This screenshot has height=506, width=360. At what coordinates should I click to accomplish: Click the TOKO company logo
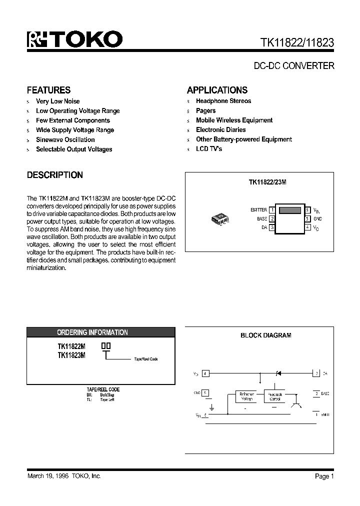pos(75,40)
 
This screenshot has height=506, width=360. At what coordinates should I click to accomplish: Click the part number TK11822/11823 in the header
pos(297,43)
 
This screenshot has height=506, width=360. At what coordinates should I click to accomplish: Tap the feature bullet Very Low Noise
pos(57,101)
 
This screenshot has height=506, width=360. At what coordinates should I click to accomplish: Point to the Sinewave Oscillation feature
pos(65,139)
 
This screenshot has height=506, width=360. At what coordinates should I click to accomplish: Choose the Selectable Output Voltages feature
pos(73,149)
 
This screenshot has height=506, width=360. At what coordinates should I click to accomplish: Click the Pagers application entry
pos(205,110)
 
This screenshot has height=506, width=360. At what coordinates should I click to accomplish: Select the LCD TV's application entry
pos(208,149)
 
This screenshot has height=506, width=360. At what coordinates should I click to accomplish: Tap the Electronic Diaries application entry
pos(220,129)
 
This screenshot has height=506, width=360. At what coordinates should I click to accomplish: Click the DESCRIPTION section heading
pos(54,175)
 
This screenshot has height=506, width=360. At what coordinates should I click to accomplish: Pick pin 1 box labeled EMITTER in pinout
pos(272,210)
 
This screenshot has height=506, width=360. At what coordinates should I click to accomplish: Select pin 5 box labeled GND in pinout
pos(307,218)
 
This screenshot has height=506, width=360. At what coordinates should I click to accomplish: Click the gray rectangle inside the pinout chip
pos(289,210)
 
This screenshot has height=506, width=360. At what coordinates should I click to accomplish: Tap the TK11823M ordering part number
pos(71,355)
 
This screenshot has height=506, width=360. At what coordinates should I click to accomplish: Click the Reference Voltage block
pos(247,397)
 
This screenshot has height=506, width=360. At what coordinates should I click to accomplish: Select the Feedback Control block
pos(275,397)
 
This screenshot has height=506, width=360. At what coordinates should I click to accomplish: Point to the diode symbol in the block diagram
pos(278,373)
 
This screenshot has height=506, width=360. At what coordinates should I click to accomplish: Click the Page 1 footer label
pos(324,476)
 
